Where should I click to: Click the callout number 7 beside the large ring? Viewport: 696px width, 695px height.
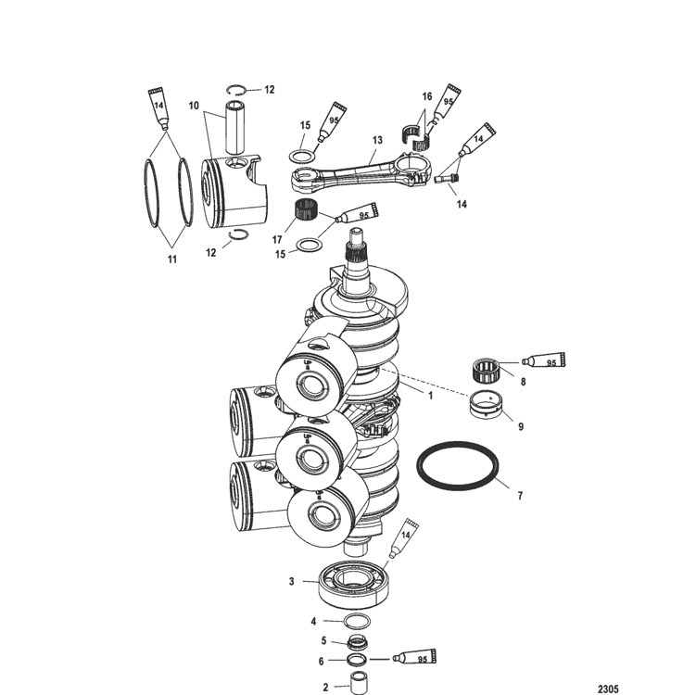[520, 495]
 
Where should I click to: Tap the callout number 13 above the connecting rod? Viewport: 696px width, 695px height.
[377, 140]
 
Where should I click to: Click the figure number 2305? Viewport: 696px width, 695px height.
[608, 689]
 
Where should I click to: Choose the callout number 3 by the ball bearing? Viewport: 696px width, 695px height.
[292, 581]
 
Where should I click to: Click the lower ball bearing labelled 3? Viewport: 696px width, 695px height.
[351, 584]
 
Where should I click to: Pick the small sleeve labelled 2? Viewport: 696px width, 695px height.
[358, 682]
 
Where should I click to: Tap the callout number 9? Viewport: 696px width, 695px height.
[521, 426]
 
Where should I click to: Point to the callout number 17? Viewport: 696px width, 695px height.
[277, 240]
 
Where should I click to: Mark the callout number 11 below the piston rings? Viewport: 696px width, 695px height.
[172, 259]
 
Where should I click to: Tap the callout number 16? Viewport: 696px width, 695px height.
[426, 96]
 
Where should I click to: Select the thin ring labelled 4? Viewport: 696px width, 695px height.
[357, 621]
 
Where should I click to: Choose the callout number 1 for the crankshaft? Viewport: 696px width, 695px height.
[430, 395]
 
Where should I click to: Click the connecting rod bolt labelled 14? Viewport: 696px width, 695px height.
[448, 179]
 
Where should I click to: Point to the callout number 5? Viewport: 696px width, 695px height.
[323, 641]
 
